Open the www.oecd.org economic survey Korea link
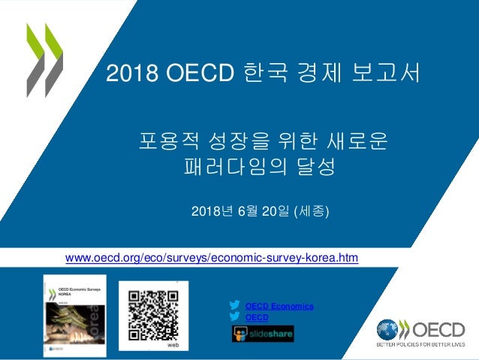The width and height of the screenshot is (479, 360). [212, 259]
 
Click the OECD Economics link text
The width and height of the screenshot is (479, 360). [279, 306]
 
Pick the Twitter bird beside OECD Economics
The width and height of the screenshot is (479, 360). [236, 305]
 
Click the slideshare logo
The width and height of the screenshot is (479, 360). [263, 333]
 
